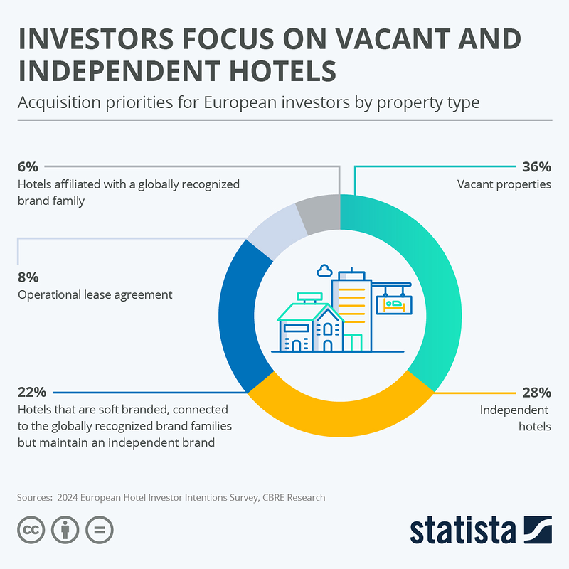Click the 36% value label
coord(536,168)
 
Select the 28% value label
coord(536,393)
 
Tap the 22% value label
coord(31,393)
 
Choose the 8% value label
coord(28,277)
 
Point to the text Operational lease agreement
coord(95,294)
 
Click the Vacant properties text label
coord(504,184)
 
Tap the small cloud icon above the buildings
coord(324,270)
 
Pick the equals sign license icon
coord(99,531)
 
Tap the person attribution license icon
coord(65,531)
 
